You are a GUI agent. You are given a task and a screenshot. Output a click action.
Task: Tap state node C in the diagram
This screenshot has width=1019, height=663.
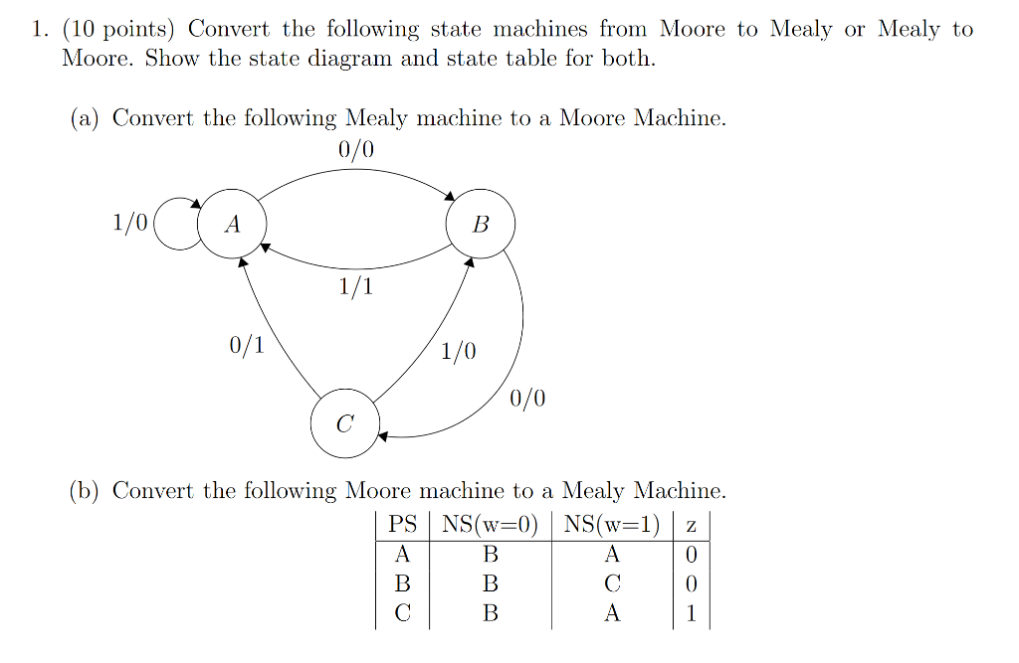click(x=344, y=424)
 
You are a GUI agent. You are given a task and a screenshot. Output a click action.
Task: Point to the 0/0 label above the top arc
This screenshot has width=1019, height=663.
click(x=356, y=150)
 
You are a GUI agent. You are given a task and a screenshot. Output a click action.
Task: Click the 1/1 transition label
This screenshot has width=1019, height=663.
click(x=356, y=287)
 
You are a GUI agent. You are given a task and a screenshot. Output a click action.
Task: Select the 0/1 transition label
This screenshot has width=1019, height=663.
click(x=247, y=346)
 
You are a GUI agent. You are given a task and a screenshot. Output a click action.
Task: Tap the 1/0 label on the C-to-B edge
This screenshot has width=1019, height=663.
click(x=459, y=351)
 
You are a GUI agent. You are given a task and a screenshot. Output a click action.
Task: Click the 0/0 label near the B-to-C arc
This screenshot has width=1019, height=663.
click(x=527, y=400)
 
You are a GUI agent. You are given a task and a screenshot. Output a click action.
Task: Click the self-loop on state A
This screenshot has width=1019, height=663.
click(x=175, y=225)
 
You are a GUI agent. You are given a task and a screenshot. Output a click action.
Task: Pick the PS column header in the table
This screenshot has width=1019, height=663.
click(x=403, y=524)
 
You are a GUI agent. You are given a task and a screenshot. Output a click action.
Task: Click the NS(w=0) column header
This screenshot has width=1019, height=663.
click(x=491, y=524)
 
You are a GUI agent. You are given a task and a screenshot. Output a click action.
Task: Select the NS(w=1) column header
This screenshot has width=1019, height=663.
click(x=612, y=524)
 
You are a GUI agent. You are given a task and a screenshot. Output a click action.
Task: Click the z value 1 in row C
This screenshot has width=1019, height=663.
click(x=692, y=613)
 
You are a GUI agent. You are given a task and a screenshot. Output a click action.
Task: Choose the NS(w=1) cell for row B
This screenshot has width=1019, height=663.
click(x=612, y=583)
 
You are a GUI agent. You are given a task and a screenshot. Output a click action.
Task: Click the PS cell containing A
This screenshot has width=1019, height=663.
click(x=403, y=554)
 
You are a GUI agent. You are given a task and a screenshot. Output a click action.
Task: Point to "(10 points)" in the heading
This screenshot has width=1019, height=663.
click(x=119, y=29)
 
